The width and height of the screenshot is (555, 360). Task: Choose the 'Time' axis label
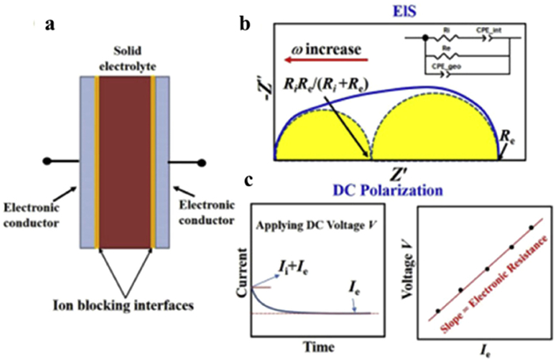click(x=316, y=347)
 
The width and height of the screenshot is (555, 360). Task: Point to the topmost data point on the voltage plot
click(x=530, y=228)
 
